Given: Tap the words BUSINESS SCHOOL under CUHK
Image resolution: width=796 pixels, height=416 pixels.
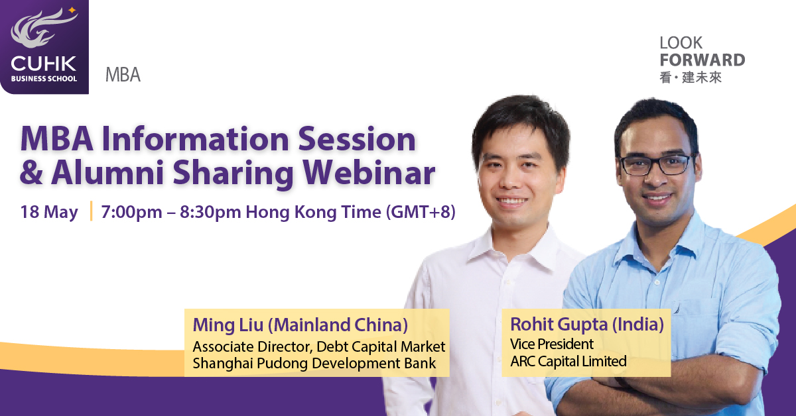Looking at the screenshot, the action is tap(44, 79).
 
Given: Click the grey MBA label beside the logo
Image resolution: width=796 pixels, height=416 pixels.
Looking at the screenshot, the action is tap(123, 75).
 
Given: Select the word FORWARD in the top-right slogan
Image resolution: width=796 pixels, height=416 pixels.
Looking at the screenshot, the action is tap(702, 60).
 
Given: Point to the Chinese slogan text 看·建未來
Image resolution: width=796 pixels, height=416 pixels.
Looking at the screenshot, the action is tap(691, 78).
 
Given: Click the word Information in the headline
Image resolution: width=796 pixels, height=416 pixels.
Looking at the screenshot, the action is tap(195, 140).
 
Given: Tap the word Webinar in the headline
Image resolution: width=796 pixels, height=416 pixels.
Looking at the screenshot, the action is tap(369, 173).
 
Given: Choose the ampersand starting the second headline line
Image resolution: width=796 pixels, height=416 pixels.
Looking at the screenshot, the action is tap(32, 173).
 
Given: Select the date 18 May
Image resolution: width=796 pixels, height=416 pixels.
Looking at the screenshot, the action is tap(49, 212).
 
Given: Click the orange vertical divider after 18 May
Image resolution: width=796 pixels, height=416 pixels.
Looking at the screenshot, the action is tap(92, 211).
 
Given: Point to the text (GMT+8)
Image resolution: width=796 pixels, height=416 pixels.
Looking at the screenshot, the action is tap(421, 212).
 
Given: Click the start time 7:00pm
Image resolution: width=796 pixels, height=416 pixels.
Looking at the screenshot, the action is tap(132, 212).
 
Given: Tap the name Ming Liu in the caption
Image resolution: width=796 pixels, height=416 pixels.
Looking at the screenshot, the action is tap(228, 325).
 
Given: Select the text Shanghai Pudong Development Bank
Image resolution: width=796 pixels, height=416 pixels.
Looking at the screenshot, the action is tap(314, 364).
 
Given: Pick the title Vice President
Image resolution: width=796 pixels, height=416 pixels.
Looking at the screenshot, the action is tap(551, 344).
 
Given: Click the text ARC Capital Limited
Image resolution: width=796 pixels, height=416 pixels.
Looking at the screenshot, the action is tap(568, 361).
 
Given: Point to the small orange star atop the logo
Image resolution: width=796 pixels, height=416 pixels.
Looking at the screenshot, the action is tap(72, 10).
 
